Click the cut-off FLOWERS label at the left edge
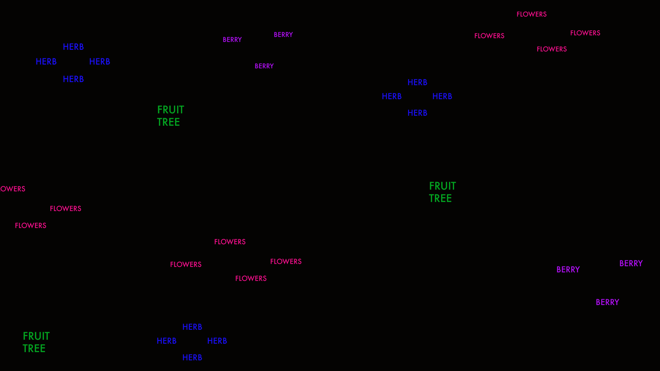point(12,189)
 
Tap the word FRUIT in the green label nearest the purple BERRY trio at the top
point(170,110)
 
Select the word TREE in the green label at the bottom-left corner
point(34,348)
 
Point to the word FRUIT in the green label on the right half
point(442,186)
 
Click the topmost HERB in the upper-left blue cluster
point(73,47)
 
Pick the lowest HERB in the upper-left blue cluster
point(73,79)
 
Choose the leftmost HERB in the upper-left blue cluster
point(46,61)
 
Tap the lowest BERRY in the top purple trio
point(264,66)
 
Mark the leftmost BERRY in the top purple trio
point(232,40)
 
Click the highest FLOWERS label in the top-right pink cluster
point(531,14)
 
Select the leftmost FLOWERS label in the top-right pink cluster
point(489,36)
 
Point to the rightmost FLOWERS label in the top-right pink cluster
point(585,33)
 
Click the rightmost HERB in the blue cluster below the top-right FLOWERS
point(442,96)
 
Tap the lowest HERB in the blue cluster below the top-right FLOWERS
point(417,113)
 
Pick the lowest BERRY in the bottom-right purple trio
point(607,302)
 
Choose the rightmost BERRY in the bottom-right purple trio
point(631,263)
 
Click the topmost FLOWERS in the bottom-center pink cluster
point(230,242)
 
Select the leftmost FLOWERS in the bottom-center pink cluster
point(186,265)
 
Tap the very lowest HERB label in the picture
point(192,358)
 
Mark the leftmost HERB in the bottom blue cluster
point(166,341)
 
